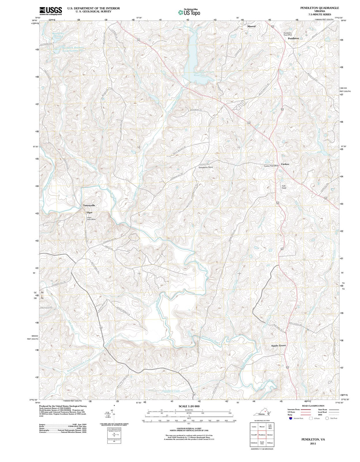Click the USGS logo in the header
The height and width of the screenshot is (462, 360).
click(x=50, y=10)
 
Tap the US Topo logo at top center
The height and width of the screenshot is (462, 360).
click(x=189, y=12)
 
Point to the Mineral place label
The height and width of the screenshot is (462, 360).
click(x=251, y=26)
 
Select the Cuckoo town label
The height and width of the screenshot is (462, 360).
click(x=285, y=164)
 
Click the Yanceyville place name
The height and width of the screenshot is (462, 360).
click(x=89, y=205)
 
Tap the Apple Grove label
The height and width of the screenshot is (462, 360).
click(x=278, y=345)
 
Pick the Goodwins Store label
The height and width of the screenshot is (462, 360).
click(x=206, y=167)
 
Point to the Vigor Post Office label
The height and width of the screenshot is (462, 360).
click(x=91, y=219)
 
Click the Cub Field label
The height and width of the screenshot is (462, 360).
click(x=284, y=187)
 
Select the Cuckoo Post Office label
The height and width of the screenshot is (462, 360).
click(x=271, y=166)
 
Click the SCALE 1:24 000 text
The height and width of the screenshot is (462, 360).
click(x=189, y=406)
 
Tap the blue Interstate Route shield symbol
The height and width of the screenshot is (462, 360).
click(x=291, y=418)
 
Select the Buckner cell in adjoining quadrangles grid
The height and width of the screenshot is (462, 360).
click(x=270, y=435)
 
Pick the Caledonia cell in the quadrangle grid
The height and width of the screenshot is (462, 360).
click(x=254, y=443)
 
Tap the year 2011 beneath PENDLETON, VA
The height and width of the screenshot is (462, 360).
click(x=313, y=444)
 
